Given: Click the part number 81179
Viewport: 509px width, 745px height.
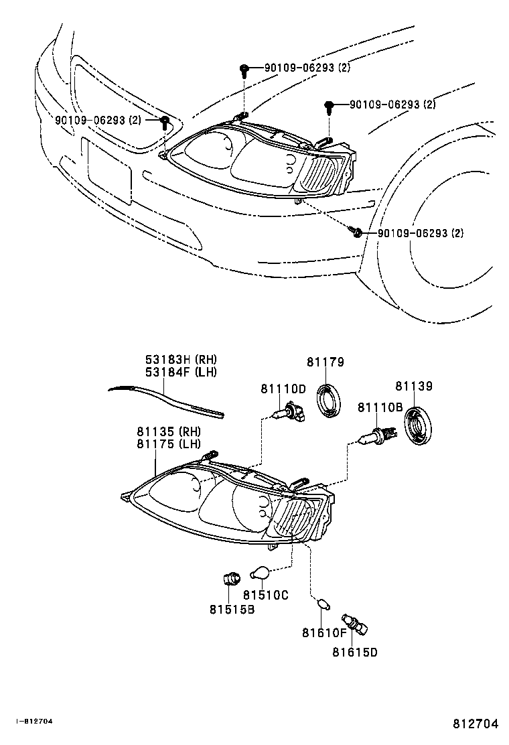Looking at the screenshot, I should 325,362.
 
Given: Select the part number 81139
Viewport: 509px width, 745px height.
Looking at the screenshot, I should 413,387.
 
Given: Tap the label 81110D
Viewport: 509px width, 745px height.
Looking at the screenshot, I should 283,389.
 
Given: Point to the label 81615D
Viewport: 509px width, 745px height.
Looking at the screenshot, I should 355,652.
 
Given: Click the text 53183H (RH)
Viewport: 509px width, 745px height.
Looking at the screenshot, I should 181,360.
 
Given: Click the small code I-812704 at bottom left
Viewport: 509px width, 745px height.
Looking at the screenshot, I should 34,722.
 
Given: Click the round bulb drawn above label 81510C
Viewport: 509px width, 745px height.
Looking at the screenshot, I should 260,573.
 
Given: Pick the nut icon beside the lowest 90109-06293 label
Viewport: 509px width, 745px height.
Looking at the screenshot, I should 357,232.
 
